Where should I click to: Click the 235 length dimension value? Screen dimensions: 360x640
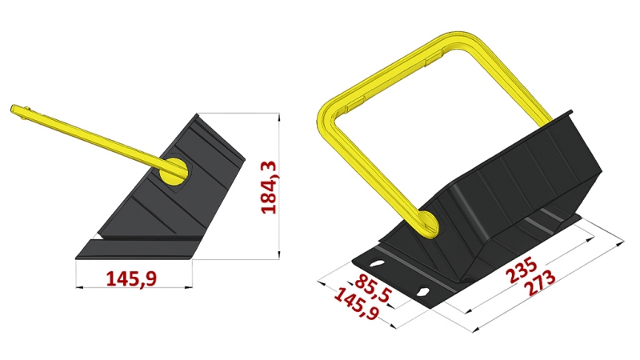click(524, 266)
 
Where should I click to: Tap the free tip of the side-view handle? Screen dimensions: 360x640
click(14, 109)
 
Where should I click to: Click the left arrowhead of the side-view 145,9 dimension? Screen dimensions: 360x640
click(78, 287)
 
